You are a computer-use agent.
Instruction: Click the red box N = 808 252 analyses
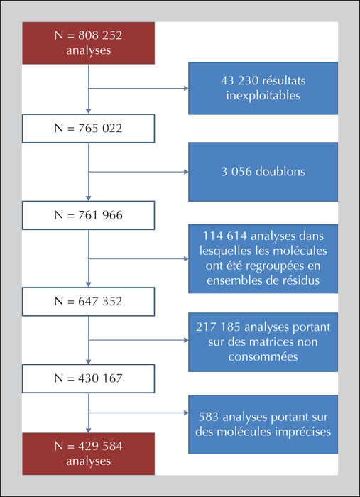[89, 43]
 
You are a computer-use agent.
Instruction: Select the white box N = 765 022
[89, 129]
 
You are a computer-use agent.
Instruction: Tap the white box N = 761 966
[89, 215]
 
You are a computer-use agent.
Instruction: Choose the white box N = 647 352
[89, 302]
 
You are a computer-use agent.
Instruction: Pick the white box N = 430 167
[89, 378]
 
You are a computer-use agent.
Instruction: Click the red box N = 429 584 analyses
[89, 454]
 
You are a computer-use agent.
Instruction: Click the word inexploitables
[263, 95]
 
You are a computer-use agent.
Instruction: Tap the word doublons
[280, 172]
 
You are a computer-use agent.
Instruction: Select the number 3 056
[236, 172]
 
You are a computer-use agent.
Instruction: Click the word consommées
[263, 356]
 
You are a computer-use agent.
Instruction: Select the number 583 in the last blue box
[209, 417]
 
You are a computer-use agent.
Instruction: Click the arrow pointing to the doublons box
[138, 172]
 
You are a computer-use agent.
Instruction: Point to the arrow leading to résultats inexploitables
[138, 88]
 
